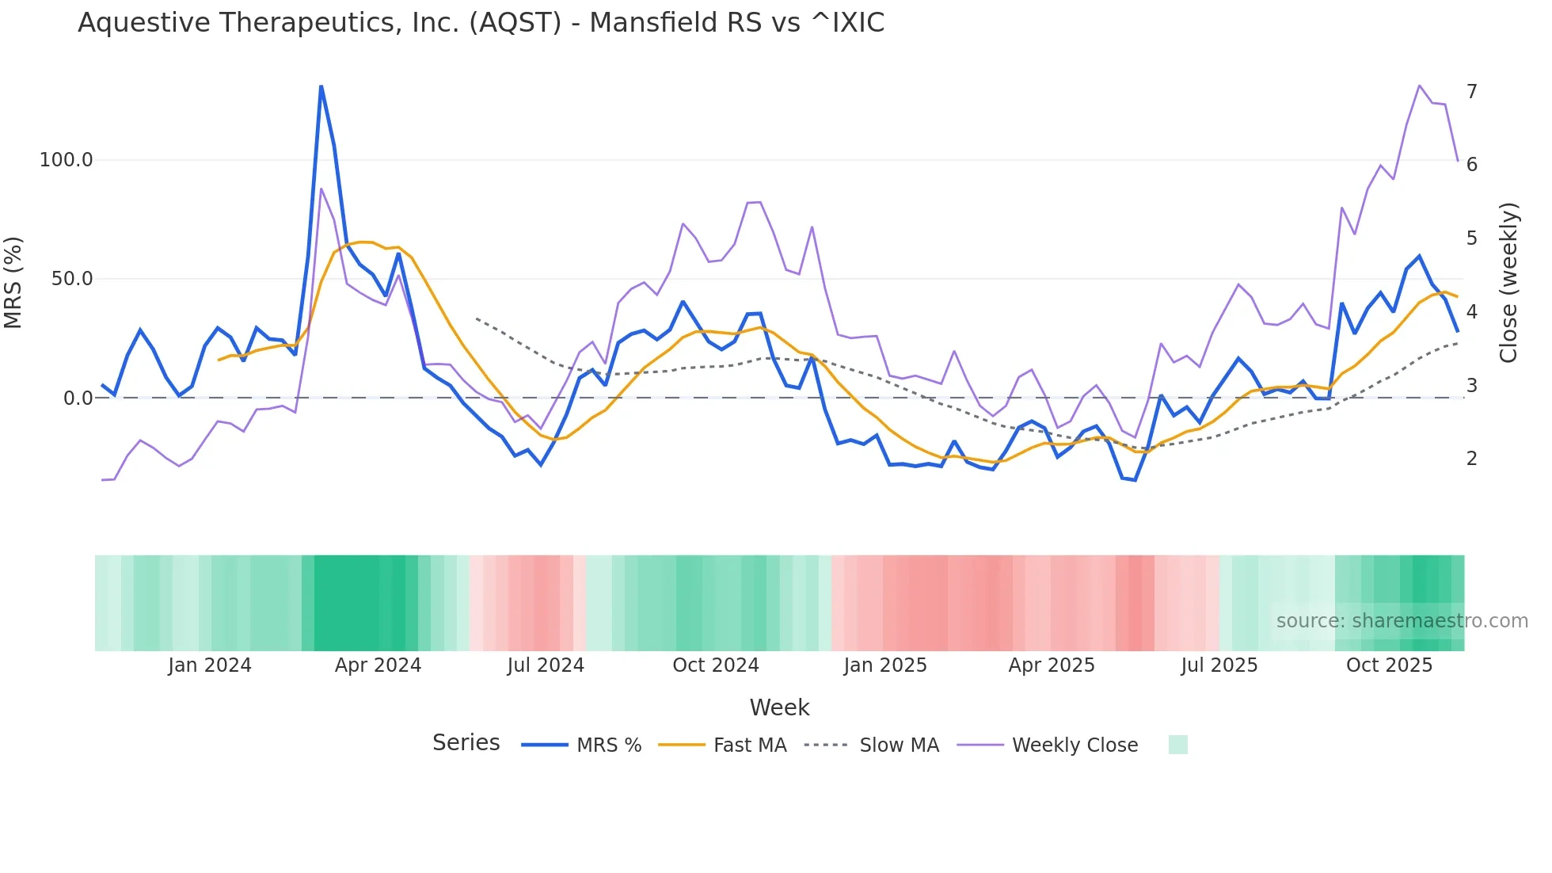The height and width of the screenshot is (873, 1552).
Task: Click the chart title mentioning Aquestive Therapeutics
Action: click(481, 23)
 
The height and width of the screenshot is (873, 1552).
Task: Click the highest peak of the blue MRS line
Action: click(321, 86)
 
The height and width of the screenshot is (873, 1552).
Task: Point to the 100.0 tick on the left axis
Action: click(67, 160)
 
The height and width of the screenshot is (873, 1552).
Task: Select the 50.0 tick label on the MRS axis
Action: click(72, 279)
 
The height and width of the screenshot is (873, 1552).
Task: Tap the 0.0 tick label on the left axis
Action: click(78, 398)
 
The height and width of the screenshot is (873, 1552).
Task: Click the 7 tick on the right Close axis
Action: click(1471, 92)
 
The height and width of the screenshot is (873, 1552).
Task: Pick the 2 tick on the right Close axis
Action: click(1471, 459)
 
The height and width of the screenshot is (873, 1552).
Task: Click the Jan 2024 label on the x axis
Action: click(210, 665)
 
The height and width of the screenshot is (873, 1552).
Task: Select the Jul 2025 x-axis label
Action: click(1219, 665)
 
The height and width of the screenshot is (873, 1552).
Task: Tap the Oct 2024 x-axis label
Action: click(715, 665)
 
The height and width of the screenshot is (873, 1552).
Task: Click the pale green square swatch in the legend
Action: click(1177, 745)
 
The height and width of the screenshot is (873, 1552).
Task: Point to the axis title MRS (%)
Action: click(13, 282)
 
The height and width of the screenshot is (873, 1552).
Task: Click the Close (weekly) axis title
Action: click(1508, 282)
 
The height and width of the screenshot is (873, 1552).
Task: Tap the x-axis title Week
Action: click(779, 707)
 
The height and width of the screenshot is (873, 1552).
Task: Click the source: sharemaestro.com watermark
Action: click(1402, 620)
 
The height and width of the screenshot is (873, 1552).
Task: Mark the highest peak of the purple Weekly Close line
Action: click(1419, 86)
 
